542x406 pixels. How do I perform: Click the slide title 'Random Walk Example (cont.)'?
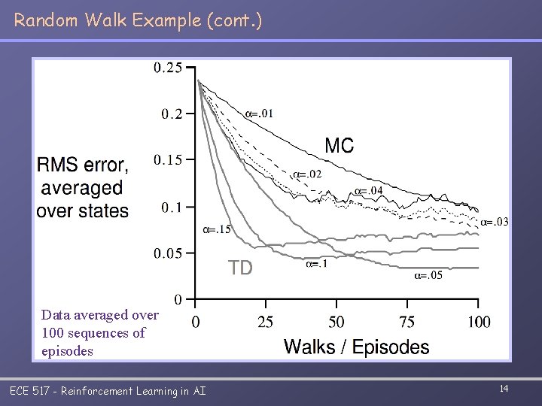click(138, 20)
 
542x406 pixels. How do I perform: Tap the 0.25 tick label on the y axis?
click(168, 68)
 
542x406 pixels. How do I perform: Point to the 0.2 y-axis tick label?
click(172, 114)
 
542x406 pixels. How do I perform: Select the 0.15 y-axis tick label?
click(168, 159)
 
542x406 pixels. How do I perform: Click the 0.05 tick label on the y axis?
click(168, 253)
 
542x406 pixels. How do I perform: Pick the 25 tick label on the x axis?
click(265, 323)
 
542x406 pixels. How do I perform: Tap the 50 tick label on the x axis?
click(336, 323)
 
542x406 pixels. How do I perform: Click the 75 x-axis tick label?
click(406, 323)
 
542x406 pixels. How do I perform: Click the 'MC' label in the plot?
click(339, 146)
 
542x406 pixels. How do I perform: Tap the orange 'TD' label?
click(240, 268)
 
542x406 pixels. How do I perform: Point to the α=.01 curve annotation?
click(260, 114)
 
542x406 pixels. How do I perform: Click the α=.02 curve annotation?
click(307, 174)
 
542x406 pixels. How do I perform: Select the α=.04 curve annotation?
click(369, 190)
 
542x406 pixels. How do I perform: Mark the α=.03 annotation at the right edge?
click(495, 222)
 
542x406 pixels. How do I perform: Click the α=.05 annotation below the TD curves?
click(428, 276)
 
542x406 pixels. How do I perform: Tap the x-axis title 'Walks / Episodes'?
click(356, 347)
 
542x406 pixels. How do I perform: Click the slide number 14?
click(504, 388)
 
